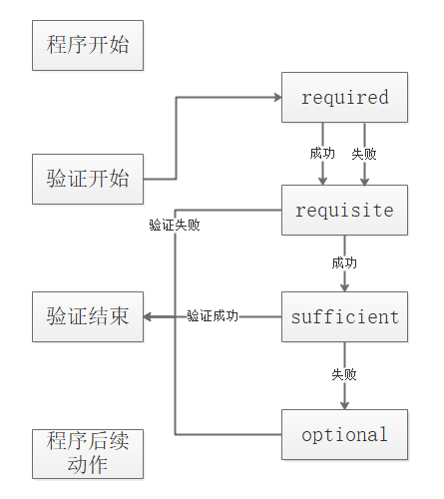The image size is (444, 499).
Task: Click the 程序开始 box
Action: coord(88,45)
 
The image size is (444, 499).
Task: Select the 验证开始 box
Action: coord(88,179)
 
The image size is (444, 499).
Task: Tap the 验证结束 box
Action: coord(88,317)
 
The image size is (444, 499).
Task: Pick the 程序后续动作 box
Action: coord(88,453)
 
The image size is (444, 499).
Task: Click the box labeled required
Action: coord(344,97)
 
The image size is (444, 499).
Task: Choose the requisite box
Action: coord(344,211)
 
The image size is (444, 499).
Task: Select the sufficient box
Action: coord(344,317)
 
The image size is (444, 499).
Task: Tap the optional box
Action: coord(344,434)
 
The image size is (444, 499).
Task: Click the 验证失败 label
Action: coord(175,225)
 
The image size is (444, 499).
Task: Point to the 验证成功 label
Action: coord(212,316)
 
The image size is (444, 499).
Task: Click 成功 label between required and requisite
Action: coord(321,154)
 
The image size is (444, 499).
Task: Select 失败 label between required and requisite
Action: coord(364,154)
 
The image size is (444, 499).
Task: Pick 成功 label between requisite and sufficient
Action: coord(344,263)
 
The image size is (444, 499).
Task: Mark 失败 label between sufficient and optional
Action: coord(344,375)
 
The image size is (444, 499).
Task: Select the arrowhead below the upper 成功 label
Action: coord(322,180)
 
